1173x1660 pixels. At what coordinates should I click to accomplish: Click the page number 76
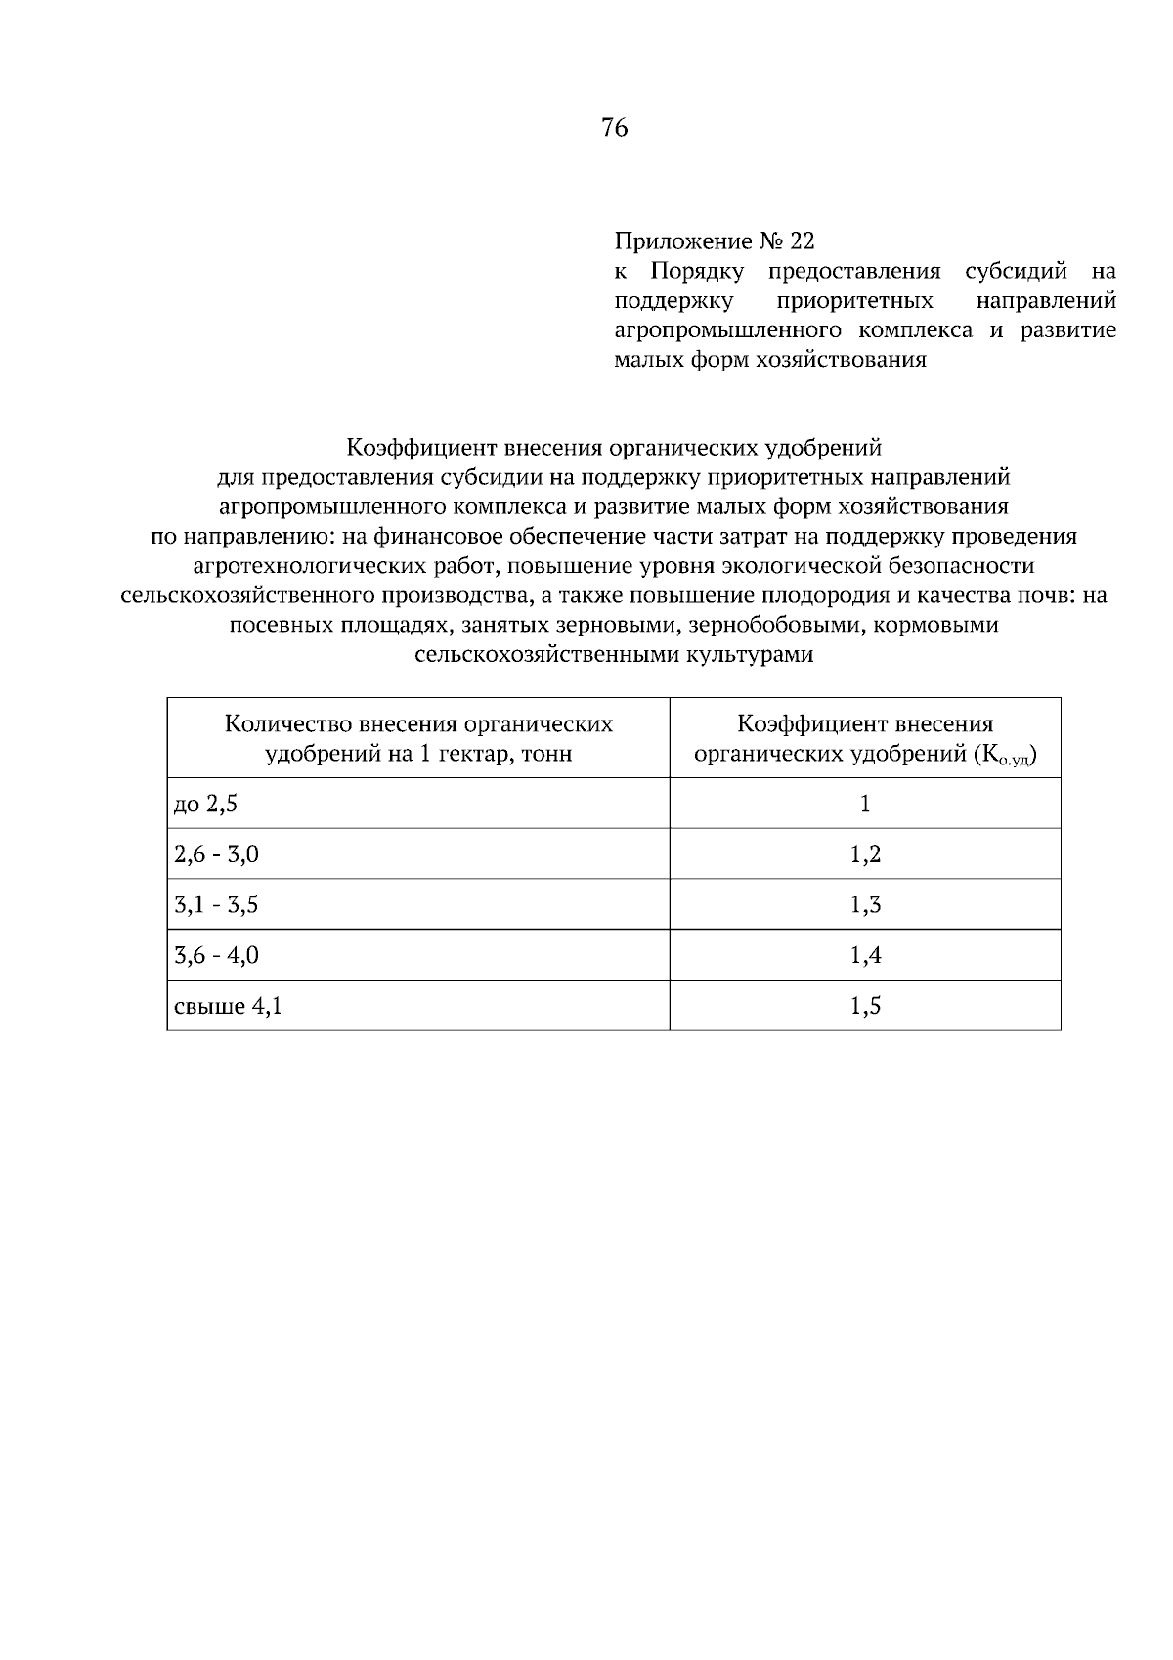click(x=615, y=128)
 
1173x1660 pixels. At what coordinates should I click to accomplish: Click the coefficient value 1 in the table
click(x=865, y=805)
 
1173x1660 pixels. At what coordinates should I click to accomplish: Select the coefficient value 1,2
click(x=865, y=855)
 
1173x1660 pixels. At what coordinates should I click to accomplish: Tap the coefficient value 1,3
click(x=865, y=905)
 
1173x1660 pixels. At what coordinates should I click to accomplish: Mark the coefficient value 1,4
click(x=865, y=956)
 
